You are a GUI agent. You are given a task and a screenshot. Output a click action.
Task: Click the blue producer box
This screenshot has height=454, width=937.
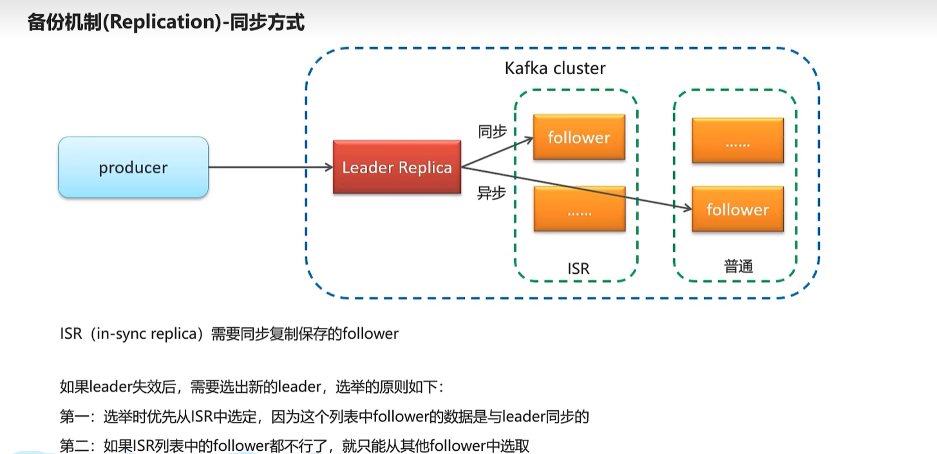[133, 167]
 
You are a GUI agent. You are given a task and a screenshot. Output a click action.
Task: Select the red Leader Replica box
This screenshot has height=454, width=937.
[397, 167]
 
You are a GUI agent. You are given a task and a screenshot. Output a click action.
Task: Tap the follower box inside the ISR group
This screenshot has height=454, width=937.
[580, 137]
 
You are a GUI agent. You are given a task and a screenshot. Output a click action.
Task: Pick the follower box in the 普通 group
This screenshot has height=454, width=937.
[738, 209]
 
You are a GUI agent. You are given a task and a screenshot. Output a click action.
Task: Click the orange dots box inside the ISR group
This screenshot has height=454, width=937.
[580, 209]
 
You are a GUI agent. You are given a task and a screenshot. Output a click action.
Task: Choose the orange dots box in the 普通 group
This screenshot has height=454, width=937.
[738, 140]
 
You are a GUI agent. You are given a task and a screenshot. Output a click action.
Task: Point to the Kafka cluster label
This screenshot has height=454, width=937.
[555, 68]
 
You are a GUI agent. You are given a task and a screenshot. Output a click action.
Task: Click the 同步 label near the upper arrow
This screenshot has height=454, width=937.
[493, 132]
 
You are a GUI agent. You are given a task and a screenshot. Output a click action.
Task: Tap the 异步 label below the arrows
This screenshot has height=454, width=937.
[491, 193]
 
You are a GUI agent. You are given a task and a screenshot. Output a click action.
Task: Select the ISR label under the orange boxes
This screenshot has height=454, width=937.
[578, 269]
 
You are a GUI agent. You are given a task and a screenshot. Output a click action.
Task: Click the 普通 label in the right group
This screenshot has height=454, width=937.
[738, 266]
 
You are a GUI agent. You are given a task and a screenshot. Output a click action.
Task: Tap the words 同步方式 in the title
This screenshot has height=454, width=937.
[267, 22]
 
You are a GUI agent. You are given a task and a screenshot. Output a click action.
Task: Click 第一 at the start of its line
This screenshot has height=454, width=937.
[74, 417]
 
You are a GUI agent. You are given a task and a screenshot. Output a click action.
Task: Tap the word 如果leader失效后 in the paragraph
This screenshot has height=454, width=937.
[118, 386]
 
